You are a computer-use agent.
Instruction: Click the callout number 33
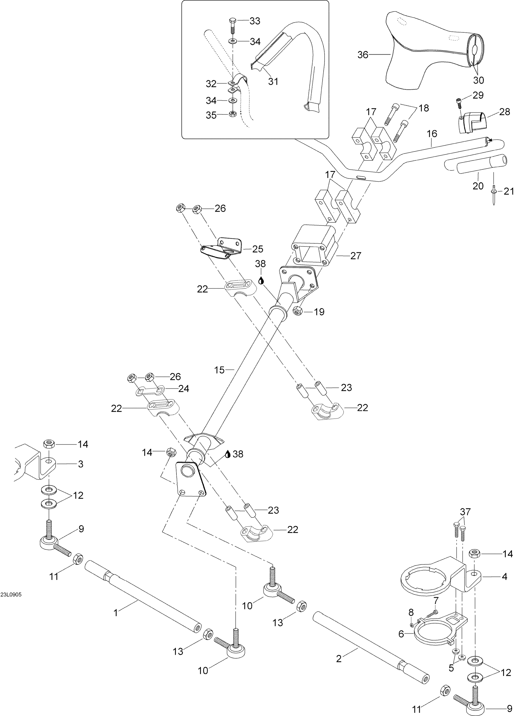click(x=255, y=21)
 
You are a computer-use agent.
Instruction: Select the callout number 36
click(x=363, y=55)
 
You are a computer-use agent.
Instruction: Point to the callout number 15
click(x=219, y=370)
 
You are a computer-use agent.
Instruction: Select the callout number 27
click(x=356, y=256)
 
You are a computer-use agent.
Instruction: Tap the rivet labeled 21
click(x=494, y=195)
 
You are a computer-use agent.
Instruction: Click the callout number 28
click(x=505, y=111)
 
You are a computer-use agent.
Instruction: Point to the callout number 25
click(x=258, y=249)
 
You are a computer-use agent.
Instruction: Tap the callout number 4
click(x=504, y=577)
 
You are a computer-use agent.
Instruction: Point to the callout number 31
click(x=273, y=81)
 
